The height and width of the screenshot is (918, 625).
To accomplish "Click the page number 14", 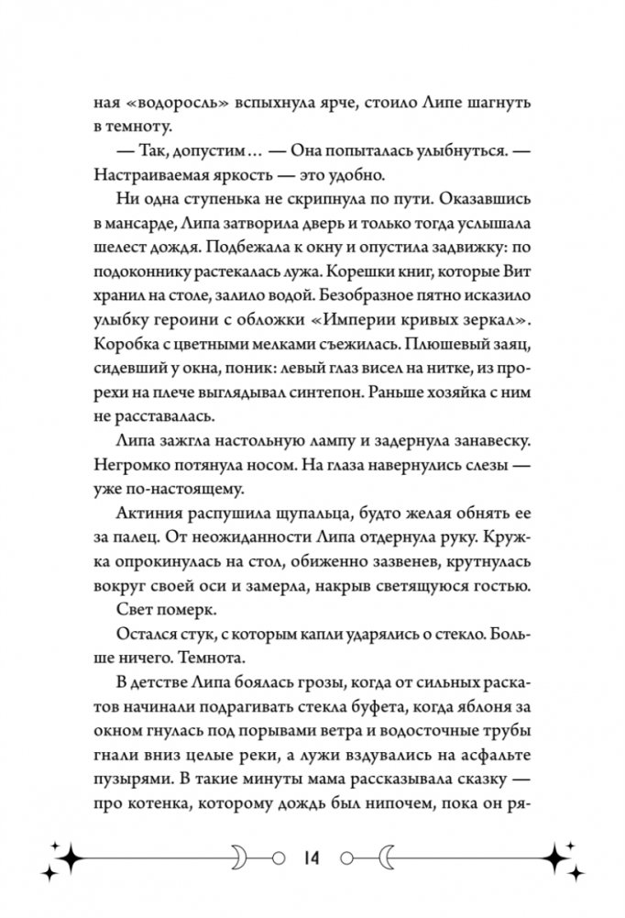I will point(313,860).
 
